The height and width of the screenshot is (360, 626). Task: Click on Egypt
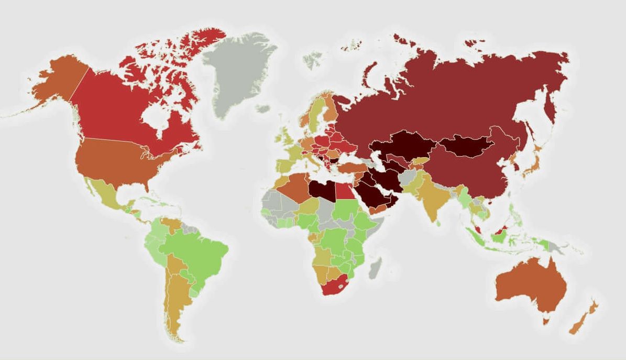(344, 191)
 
